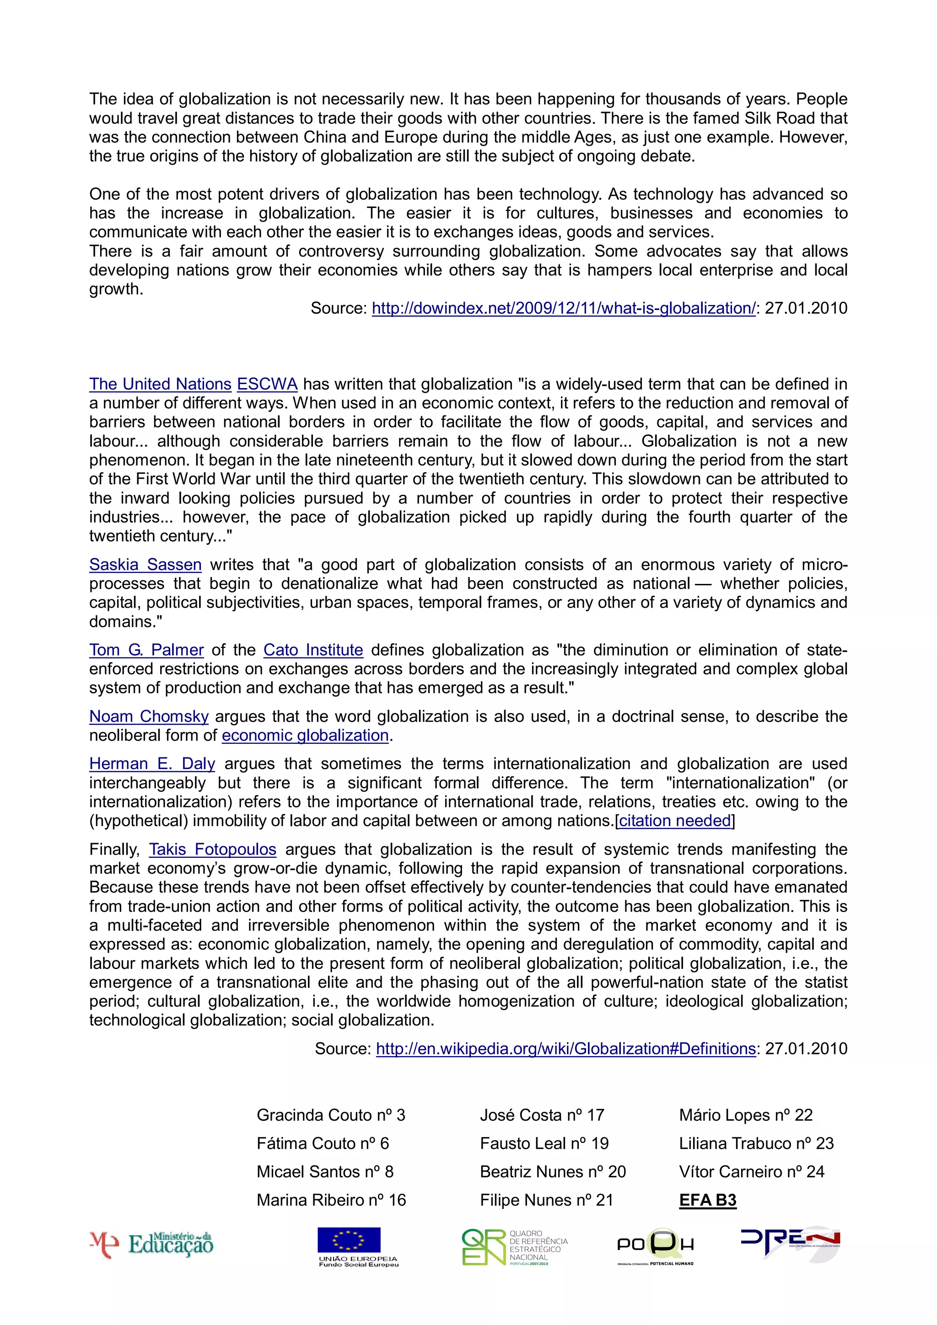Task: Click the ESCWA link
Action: (x=267, y=385)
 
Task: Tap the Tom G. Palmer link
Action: (x=146, y=650)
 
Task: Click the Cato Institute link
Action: (x=313, y=650)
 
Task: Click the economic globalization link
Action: (x=305, y=735)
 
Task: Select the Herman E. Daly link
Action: (x=152, y=764)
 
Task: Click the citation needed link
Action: (x=675, y=821)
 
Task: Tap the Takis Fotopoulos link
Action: (x=212, y=849)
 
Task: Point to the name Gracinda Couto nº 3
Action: (x=331, y=1115)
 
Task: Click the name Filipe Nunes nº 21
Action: (x=546, y=1200)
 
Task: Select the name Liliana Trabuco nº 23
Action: (x=756, y=1143)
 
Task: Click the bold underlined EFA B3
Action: (x=708, y=1200)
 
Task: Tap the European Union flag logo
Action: (x=349, y=1240)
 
